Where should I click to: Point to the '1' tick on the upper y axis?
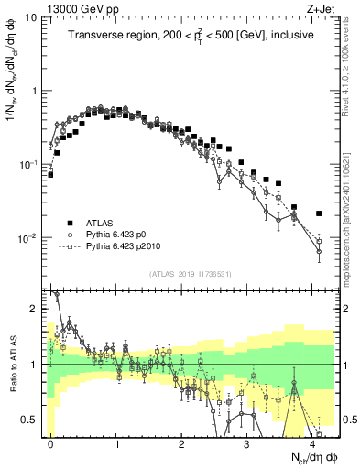click(37, 91)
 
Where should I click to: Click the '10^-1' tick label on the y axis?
click(31, 164)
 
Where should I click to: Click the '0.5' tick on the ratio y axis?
click(32, 420)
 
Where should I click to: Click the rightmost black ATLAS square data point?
click(319, 213)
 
